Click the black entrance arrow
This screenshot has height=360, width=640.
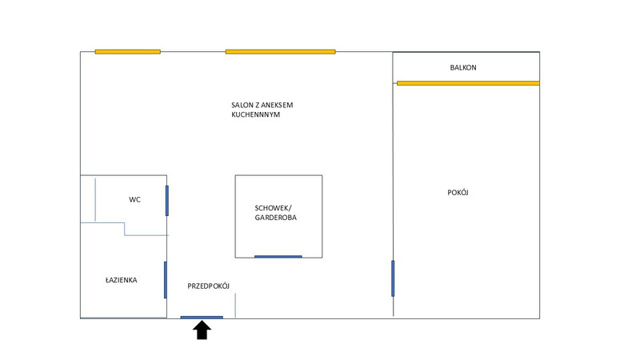click(202, 330)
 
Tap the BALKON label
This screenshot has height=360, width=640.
click(463, 68)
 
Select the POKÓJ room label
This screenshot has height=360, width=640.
click(458, 192)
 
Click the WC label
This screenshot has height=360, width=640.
click(134, 199)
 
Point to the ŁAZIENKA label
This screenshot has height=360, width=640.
click(121, 280)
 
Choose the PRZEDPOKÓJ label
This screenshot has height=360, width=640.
click(209, 286)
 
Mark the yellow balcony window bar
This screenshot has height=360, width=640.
click(468, 82)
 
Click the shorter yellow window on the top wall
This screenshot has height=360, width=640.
click(127, 52)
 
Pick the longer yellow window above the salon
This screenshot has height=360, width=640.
click(279, 52)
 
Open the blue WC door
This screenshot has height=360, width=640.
click(166, 200)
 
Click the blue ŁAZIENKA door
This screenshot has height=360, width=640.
click(166, 279)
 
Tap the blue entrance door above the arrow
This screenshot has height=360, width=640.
click(202, 318)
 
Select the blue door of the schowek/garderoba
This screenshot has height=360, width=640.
click(278, 257)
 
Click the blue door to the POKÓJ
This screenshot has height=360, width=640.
click(393, 278)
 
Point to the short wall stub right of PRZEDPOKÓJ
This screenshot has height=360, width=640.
click(235, 305)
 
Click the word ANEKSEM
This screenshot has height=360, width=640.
click(283, 105)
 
